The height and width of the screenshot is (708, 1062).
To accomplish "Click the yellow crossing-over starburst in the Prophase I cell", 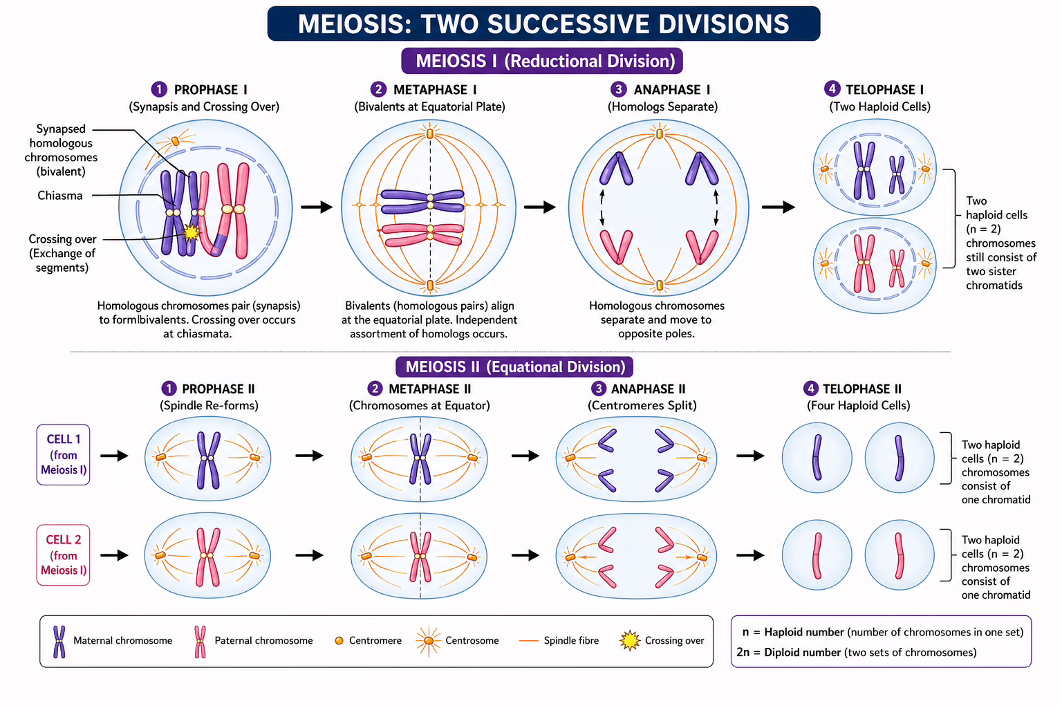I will pos(191,232).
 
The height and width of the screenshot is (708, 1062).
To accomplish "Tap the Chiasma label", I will pos(60,196).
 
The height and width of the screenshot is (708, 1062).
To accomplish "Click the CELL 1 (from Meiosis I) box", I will pos(63,454).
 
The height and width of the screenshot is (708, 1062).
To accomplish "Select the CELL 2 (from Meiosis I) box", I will pos(63,555).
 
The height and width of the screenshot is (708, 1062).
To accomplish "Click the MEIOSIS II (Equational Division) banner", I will pos(515,366).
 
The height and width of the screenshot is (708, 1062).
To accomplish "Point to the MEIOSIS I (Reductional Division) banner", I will pos(543,61).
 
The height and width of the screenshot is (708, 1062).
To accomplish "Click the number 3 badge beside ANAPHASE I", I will pos(619,89).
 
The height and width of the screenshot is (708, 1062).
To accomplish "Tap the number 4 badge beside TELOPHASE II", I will pos(811,389).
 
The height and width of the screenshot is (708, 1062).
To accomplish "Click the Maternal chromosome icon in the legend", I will pos(59,641).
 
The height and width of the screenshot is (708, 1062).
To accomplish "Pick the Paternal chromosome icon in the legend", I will pos(200,641).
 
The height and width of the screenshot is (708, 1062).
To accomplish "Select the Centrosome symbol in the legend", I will pos(429,640).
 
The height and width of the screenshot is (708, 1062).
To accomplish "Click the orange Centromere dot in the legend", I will pos(339,641).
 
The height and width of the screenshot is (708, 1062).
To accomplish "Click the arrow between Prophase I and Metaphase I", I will pos(317,207).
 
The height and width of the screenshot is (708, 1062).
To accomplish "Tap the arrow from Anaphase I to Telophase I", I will pos(778,207).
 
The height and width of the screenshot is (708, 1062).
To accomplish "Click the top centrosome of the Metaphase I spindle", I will pos(430,133).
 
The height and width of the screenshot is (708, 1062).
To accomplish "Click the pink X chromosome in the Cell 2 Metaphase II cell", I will pos(420,556).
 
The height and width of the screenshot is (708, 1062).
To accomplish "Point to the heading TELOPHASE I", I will pos(884,90).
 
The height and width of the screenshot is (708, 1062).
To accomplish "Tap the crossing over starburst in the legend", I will pos(630,641).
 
